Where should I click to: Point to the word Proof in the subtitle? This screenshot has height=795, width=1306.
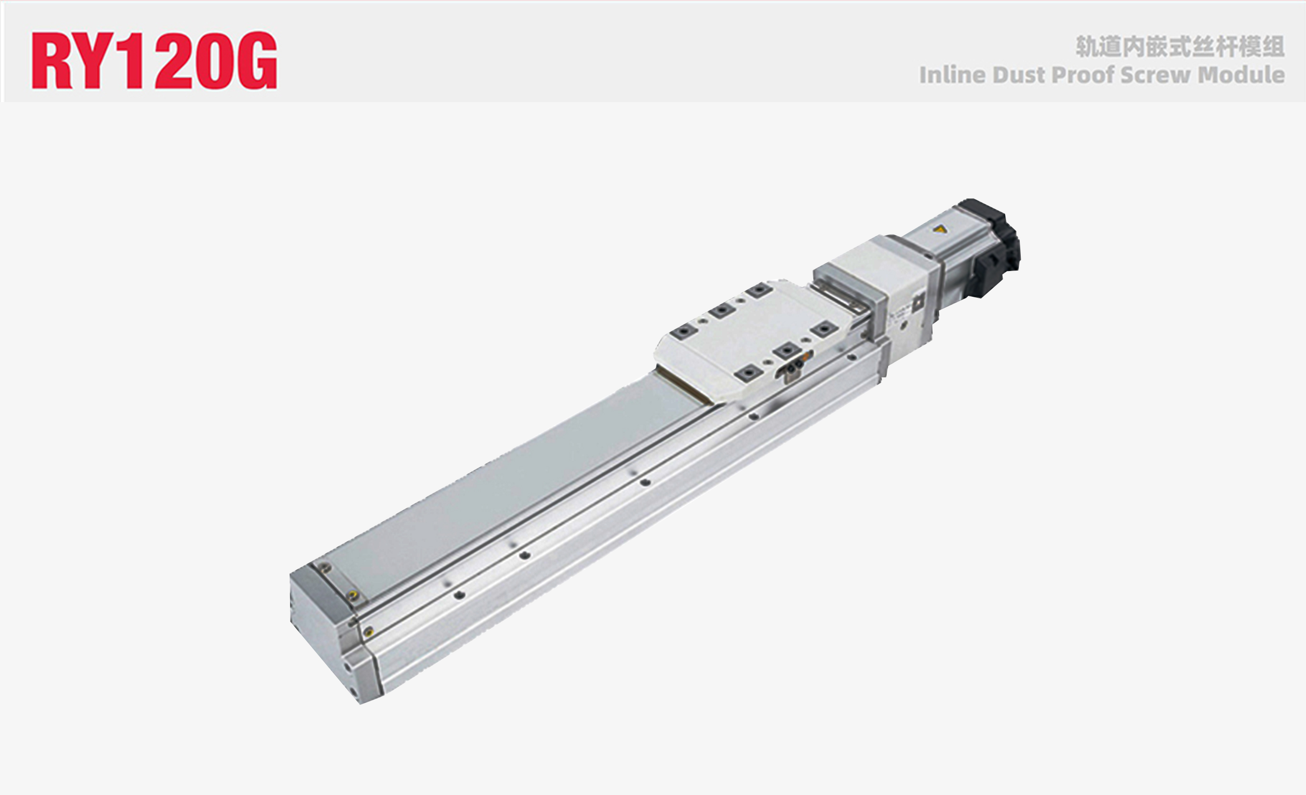pos(1083,75)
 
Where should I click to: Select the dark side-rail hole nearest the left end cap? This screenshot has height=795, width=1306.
pos(459,596)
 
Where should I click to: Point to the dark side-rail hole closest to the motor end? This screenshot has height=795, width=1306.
pos(852,357)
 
